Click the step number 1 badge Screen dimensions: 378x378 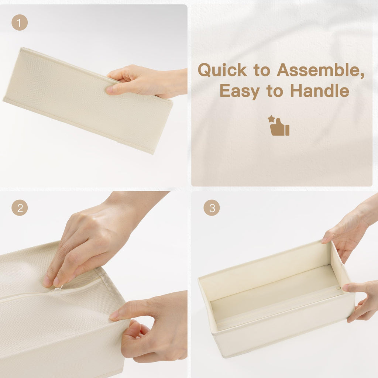tap(20, 23)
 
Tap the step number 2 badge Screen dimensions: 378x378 tap(20, 208)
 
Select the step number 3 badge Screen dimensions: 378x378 tap(212, 208)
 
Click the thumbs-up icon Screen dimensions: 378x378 tap(280, 128)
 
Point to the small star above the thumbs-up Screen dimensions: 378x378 tap(271, 119)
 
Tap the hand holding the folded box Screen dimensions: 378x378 tap(148, 81)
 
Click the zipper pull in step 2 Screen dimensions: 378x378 tap(57, 289)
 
